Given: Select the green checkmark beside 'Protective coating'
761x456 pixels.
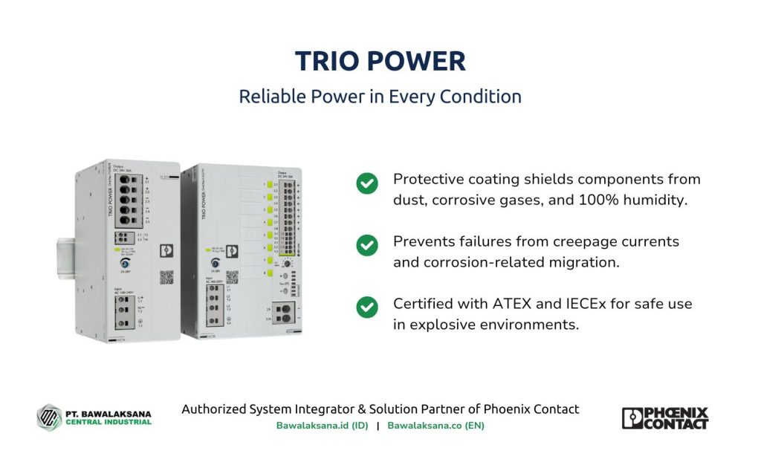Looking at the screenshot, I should (366, 183).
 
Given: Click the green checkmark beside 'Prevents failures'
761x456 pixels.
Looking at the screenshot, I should (366, 245).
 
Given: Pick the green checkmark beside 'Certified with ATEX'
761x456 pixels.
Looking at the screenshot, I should (366, 307).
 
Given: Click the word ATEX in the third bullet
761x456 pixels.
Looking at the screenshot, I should (512, 304).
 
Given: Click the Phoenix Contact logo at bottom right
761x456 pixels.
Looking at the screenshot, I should (664, 418).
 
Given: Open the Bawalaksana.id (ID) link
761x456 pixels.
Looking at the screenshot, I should (322, 426).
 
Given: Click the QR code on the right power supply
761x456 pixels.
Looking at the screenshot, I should (233, 277).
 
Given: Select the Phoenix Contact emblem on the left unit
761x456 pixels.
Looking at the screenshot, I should (166, 252).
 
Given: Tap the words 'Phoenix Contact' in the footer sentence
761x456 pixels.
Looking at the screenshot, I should (531, 409).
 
